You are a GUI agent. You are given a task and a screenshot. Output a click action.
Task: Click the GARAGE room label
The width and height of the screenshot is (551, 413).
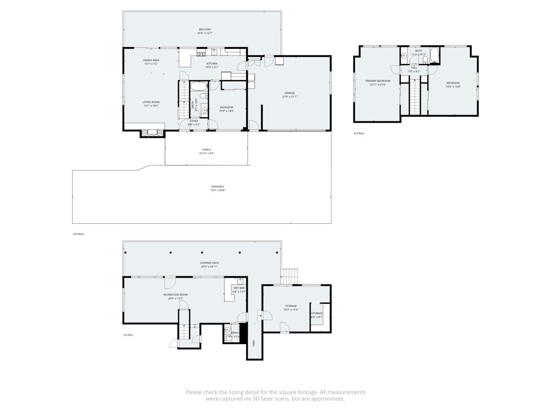(289, 93)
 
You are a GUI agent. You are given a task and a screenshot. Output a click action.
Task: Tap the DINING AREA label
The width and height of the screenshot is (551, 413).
(151, 60)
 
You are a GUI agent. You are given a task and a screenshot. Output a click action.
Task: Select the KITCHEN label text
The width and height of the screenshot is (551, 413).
(212, 63)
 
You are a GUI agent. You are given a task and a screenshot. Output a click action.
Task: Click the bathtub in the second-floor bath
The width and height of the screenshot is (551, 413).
(199, 86)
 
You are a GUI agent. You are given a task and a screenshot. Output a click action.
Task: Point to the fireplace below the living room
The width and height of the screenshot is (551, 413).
(152, 132)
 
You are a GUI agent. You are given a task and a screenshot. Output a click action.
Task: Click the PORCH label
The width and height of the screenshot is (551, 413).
(207, 149)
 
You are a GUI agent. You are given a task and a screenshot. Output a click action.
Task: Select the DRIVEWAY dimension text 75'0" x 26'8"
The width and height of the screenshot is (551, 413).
(217, 190)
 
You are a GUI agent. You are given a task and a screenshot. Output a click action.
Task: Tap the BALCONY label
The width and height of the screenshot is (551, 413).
(204, 29)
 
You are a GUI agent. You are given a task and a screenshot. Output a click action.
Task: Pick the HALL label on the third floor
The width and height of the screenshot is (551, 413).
(414, 67)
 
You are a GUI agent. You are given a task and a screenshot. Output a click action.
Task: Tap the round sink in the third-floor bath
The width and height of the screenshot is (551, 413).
(404, 55)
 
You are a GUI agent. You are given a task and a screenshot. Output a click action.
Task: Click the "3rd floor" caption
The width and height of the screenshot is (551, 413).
(359, 133)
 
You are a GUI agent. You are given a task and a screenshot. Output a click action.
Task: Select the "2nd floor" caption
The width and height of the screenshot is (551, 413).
(79, 234)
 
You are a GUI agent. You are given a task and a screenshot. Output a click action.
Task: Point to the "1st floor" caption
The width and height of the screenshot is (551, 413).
(128, 334)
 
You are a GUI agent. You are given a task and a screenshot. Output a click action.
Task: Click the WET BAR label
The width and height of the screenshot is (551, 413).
(238, 288)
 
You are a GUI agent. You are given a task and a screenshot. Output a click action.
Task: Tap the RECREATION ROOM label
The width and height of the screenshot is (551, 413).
(175, 295)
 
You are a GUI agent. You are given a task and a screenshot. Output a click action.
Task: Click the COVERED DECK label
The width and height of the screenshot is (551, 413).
(209, 263)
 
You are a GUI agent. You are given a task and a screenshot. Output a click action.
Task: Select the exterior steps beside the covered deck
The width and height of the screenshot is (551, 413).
(289, 276)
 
